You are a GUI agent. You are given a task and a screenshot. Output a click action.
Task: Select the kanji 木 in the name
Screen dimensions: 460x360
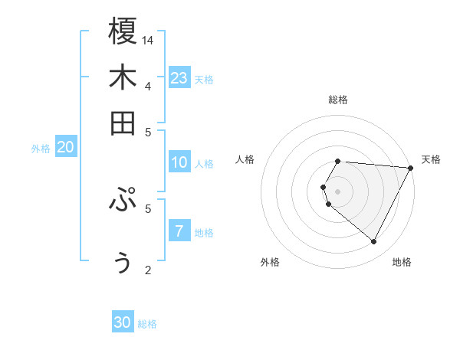(x=123, y=77)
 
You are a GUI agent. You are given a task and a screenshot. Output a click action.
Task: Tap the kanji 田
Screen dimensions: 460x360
(x=123, y=123)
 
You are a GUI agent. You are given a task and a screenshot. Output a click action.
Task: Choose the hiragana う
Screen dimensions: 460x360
(x=123, y=262)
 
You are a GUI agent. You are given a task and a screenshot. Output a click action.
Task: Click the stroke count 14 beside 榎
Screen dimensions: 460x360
(x=149, y=40)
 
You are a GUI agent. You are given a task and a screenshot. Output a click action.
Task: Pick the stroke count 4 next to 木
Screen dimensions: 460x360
(x=148, y=86)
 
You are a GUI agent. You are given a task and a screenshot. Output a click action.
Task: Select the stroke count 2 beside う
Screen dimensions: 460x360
(x=148, y=270)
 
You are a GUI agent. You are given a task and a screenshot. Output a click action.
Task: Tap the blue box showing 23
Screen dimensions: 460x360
(x=179, y=77)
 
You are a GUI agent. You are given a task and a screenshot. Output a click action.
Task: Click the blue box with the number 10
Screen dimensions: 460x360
(x=179, y=162)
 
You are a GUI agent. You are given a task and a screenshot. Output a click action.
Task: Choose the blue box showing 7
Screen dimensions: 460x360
(x=179, y=231)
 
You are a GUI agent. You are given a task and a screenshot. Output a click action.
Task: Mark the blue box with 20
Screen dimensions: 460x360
(x=65, y=148)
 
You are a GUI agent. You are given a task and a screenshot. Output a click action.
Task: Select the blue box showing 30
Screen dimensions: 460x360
(x=123, y=323)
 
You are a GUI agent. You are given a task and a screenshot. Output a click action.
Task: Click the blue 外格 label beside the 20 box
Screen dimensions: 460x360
(x=40, y=149)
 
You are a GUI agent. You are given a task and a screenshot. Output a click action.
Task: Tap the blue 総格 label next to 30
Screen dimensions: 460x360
(x=147, y=324)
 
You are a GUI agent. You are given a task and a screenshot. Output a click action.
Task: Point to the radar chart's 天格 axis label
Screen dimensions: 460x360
(x=431, y=159)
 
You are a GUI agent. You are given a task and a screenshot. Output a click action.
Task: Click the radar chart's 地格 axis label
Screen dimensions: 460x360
(x=402, y=262)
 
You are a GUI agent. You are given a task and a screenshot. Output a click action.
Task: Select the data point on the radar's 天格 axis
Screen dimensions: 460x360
(x=411, y=168)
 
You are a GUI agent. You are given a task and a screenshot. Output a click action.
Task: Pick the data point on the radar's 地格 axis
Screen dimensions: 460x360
(x=374, y=242)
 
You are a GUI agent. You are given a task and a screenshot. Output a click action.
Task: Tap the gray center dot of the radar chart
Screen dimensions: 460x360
(x=337, y=191)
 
